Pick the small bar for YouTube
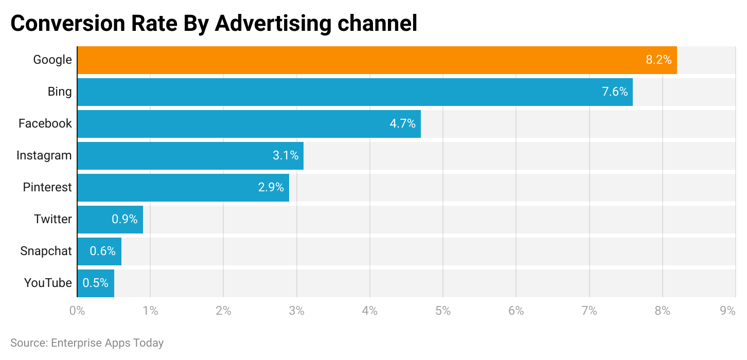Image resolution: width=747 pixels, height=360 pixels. click(96, 283)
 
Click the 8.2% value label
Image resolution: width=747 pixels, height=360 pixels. click(659, 60)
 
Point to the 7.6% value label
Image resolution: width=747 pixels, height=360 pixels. click(614, 92)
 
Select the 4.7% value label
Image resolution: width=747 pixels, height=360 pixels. click(402, 124)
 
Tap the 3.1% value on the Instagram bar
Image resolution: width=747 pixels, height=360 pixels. click(286, 156)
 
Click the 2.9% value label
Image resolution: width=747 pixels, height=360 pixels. click(271, 188)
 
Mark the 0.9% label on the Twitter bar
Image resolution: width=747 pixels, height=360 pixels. click(124, 220)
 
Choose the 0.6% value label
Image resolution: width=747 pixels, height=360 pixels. click(102, 251)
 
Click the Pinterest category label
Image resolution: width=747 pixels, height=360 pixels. click(47, 188)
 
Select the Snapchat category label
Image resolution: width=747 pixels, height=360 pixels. click(46, 251)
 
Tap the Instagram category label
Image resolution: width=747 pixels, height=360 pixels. click(44, 156)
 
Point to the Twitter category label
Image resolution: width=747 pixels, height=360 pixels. click(52, 220)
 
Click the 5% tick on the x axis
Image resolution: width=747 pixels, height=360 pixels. click(442, 311)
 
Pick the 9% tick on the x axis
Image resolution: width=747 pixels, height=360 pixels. click(727, 311)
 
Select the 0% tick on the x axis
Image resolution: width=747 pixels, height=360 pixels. click(77, 311)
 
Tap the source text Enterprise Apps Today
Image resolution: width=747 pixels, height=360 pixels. click(107, 343)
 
